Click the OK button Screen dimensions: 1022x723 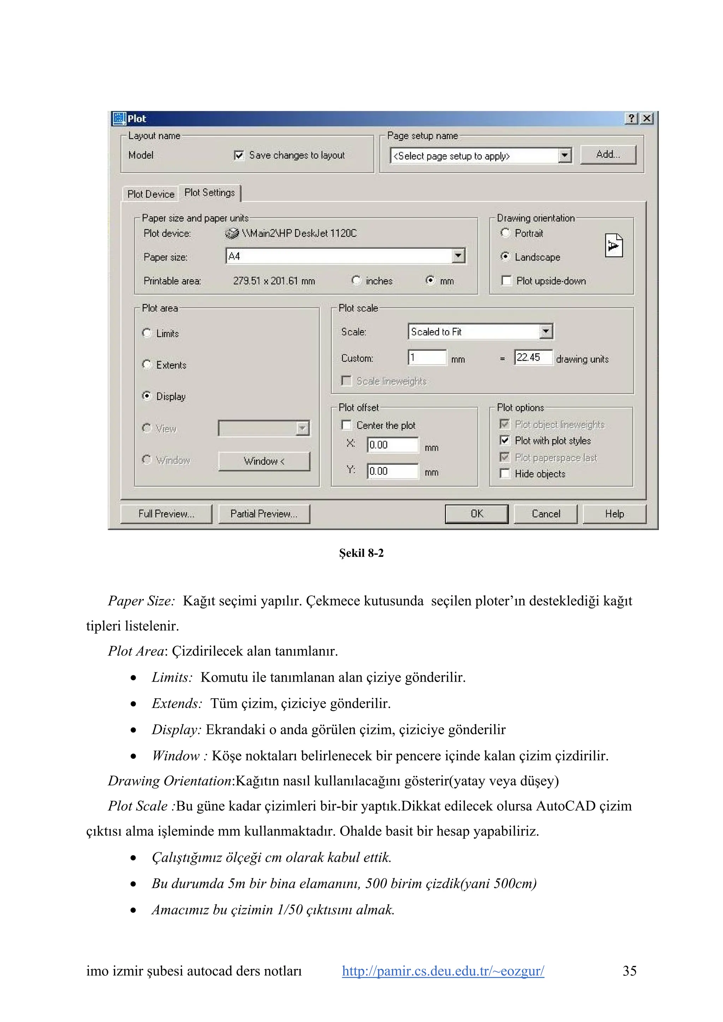[x=476, y=514]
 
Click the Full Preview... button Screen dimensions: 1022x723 [x=166, y=514]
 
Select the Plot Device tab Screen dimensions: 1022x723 [x=151, y=194]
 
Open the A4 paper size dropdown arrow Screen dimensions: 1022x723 [x=458, y=256]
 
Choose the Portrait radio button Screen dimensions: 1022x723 [x=505, y=233]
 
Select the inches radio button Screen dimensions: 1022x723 [x=356, y=280]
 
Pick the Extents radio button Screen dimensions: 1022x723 [x=147, y=365]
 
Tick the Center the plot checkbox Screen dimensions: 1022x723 [x=346, y=425]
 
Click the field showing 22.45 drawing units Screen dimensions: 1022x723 [x=533, y=358]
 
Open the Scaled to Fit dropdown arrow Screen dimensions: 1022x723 [x=546, y=331]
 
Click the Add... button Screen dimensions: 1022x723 [x=608, y=154]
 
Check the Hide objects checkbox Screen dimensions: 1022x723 [x=505, y=474]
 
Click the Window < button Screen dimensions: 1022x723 [x=264, y=461]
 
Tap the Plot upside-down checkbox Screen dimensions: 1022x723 [x=507, y=280]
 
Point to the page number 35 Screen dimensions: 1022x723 [x=629, y=971]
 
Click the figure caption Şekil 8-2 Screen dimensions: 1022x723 [x=361, y=553]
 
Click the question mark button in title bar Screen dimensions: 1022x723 [x=631, y=118]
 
